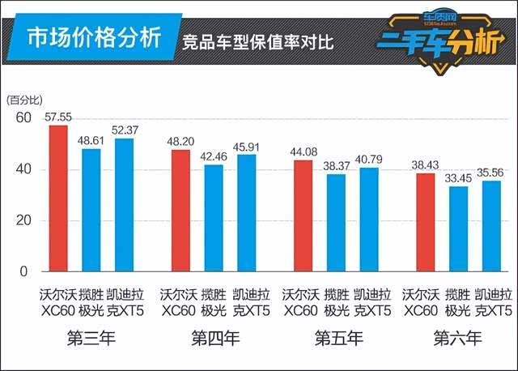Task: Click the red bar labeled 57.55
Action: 58,198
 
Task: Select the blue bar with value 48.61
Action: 91,210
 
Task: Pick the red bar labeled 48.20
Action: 180,211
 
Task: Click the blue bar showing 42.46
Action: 214,218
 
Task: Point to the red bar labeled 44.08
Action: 303,215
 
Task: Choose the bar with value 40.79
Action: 369,220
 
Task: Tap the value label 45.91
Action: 247,146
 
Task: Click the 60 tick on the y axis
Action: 23,119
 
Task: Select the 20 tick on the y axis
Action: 23,221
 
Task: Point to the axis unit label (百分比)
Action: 25,100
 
